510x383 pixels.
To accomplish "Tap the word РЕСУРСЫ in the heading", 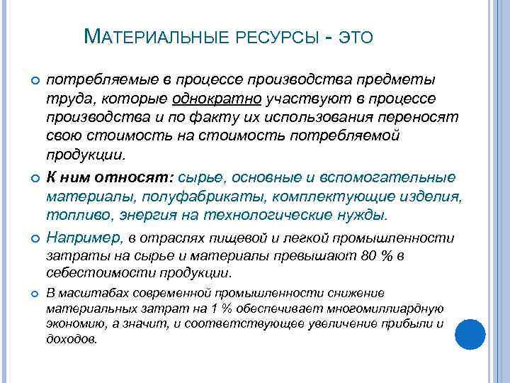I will (268, 37).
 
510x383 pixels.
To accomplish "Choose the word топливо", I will (73, 214).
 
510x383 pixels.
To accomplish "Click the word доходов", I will (71, 339).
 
